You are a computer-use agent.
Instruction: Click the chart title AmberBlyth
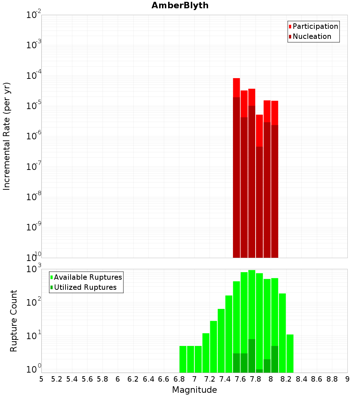tap(180, 5)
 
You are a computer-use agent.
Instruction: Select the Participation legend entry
tap(315, 26)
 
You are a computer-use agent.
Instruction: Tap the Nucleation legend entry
tap(312, 36)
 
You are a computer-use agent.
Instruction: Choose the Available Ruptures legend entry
tap(88, 277)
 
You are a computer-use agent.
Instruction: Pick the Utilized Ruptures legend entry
tap(85, 287)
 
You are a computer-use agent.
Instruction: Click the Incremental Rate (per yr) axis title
tap(7, 136)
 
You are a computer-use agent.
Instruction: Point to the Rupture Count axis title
tap(14, 321)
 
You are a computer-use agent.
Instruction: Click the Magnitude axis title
tap(194, 390)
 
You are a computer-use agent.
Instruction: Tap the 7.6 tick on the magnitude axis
tap(240, 379)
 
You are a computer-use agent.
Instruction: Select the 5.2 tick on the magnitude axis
tap(57, 379)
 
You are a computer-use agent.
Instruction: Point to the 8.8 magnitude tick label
tap(332, 379)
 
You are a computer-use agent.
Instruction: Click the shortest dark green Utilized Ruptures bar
tap(260, 371)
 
